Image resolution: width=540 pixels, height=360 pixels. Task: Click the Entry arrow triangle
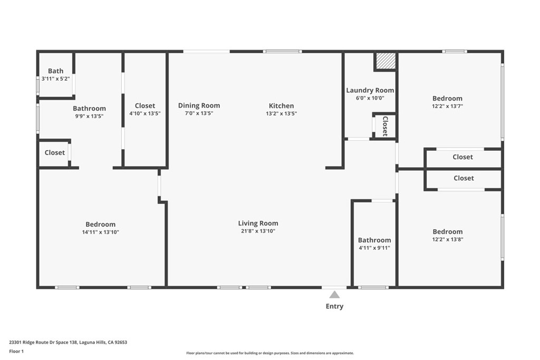point(334,295)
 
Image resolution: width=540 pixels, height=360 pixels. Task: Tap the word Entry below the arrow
point(334,306)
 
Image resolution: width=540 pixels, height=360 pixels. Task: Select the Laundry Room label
point(370,90)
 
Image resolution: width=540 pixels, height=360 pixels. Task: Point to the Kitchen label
point(281,105)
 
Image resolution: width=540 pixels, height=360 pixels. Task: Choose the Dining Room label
point(199,105)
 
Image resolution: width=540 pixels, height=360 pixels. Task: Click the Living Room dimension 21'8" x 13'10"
point(258,231)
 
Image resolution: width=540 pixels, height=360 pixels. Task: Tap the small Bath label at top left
point(55,71)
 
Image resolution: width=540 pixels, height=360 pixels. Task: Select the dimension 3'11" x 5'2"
point(55,79)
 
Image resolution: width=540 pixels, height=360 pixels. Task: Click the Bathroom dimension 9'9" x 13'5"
point(89,116)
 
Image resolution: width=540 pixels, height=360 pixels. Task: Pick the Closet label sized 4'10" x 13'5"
point(144,105)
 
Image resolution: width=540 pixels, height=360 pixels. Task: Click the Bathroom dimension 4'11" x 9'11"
point(374,248)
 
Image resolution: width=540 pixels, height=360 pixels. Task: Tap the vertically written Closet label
point(385,126)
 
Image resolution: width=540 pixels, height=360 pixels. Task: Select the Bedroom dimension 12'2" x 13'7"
point(447,106)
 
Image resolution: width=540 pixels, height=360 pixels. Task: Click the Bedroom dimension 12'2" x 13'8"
point(447,239)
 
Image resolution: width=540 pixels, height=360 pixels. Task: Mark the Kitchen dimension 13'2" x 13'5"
point(281,113)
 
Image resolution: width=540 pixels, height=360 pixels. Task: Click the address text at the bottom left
point(68,342)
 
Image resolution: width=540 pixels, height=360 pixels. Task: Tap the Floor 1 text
point(17,351)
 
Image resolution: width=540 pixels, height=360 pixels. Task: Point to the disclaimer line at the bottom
point(269,353)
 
